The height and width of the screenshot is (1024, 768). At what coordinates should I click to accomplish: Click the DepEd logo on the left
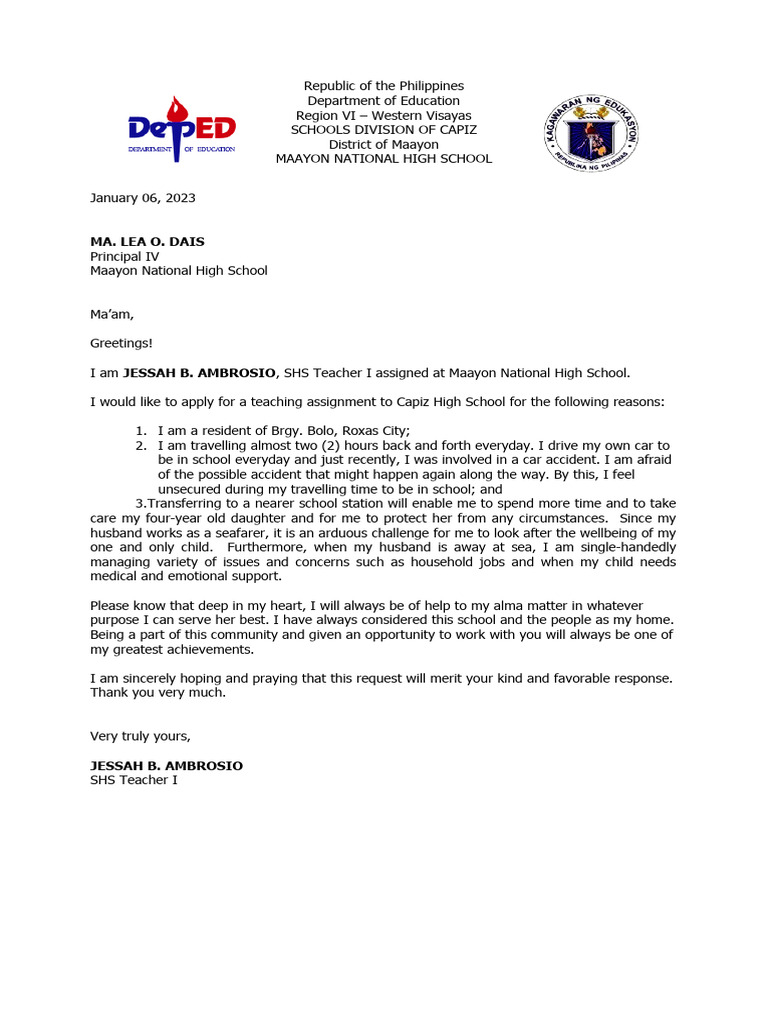(x=181, y=127)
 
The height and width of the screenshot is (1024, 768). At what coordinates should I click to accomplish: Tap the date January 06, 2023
(x=143, y=198)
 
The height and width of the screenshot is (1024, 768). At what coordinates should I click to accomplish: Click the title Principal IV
(x=124, y=256)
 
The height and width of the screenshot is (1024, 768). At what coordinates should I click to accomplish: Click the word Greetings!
(x=121, y=344)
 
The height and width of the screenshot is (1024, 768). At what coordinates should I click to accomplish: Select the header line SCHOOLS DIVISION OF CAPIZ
(x=383, y=130)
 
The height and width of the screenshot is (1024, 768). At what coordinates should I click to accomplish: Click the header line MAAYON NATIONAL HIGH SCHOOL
(x=383, y=159)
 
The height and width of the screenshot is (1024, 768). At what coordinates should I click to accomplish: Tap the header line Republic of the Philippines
(x=383, y=86)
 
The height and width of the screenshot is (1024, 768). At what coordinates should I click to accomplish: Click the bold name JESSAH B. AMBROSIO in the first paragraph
(x=199, y=373)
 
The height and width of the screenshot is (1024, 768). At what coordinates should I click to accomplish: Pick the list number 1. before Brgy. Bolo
(x=142, y=431)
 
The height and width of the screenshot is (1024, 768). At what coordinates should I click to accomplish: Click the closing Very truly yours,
(x=140, y=736)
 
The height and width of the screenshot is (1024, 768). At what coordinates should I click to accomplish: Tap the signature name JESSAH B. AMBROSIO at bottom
(x=166, y=766)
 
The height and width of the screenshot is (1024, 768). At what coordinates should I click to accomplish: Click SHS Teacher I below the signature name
(x=134, y=780)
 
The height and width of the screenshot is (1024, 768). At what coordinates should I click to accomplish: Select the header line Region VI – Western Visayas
(x=383, y=115)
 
